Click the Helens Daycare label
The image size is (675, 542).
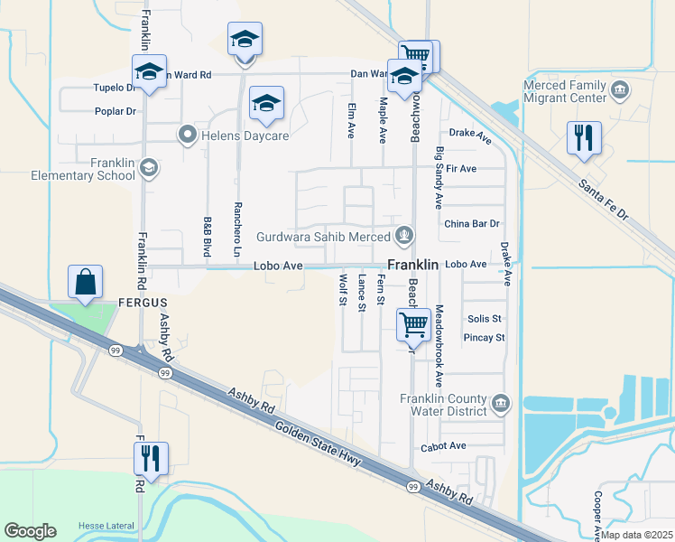233,135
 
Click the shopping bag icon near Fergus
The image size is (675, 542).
84,282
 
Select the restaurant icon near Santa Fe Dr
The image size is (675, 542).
583,138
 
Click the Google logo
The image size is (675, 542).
30,530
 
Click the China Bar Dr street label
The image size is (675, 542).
471,223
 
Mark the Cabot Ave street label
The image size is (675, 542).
443,446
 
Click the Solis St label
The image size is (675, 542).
485,319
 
